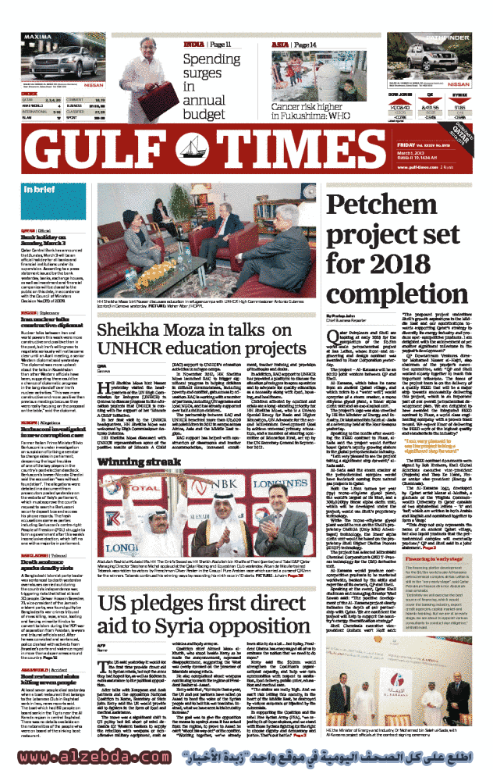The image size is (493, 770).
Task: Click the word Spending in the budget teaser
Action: (211, 59)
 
